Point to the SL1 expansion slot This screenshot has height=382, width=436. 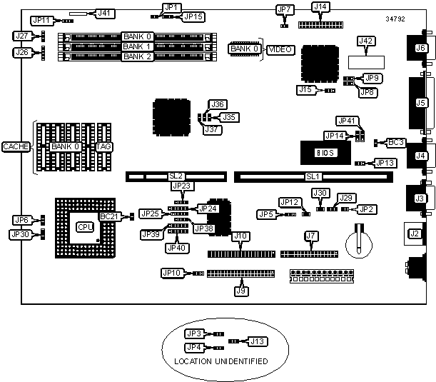tap(312, 176)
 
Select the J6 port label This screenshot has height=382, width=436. tap(420, 48)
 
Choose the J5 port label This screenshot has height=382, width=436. tap(421, 103)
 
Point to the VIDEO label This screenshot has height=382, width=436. tap(278, 49)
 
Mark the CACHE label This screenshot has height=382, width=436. tap(16, 146)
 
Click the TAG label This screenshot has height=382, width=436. tap(104, 146)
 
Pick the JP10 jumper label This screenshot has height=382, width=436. tap(173, 272)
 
